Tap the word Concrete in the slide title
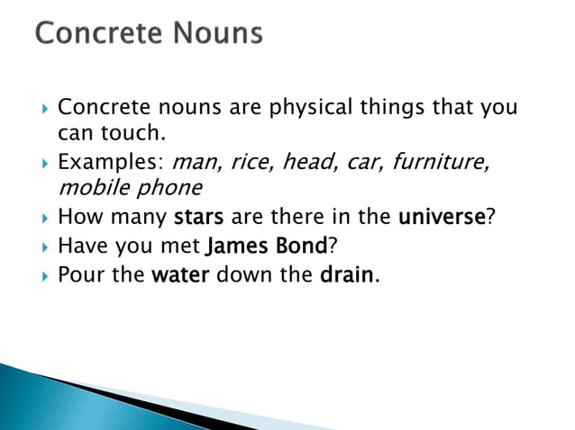pyautogui.click(x=93, y=33)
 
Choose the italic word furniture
pyautogui.click(x=443, y=163)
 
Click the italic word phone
pyautogui.click(x=172, y=189)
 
